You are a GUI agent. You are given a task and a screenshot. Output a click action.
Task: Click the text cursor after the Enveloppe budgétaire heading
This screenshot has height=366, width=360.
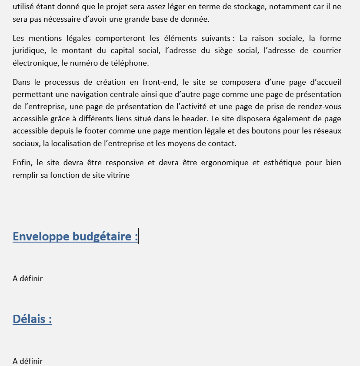(x=138, y=236)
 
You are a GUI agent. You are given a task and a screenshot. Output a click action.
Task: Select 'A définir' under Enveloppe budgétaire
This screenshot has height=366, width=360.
(x=28, y=278)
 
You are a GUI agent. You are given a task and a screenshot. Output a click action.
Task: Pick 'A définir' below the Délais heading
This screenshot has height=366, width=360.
(x=28, y=361)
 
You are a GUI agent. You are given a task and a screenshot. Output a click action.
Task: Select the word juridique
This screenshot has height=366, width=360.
(x=29, y=50)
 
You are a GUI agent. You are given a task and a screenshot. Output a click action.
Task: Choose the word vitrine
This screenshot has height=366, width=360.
(x=118, y=175)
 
